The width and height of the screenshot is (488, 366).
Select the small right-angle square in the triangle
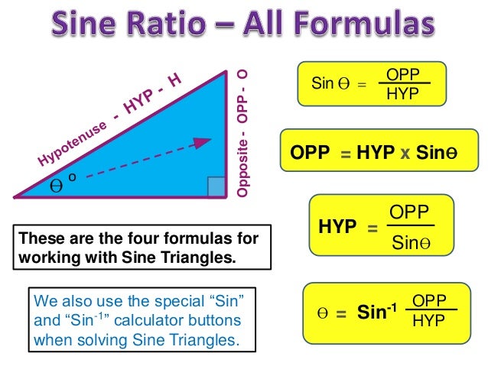[x=216, y=186]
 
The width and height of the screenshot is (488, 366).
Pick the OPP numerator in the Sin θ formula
[x=402, y=75]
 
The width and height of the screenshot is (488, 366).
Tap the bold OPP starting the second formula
[x=310, y=153]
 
